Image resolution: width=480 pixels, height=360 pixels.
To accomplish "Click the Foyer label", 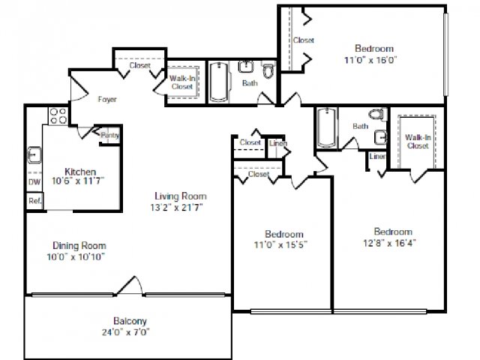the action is click(x=107, y=99).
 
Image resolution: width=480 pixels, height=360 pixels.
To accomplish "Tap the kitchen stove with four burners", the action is click(x=58, y=116).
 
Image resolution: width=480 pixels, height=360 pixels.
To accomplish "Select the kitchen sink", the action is click(x=34, y=155).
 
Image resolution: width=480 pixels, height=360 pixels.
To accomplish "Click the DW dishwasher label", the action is click(x=34, y=181).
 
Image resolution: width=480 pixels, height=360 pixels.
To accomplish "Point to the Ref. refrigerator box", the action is click(x=34, y=201).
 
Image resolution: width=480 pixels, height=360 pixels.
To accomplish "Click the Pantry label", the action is click(x=110, y=135).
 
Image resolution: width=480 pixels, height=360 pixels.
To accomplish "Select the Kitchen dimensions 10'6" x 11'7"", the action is click(x=78, y=181).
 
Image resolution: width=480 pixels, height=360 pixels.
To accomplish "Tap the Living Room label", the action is click(x=181, y=196).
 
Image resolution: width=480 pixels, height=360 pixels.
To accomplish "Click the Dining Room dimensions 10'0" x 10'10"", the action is click(x=76, y=256).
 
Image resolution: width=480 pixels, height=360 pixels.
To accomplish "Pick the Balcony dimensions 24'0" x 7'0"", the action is click(x=126, y=331).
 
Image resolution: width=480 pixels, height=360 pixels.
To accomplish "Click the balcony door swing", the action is click(x=130, y=286).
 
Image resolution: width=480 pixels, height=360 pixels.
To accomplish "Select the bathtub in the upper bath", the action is click(x=218, y=82).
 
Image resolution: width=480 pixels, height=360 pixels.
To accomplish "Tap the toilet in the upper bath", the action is click(x=268, y=70).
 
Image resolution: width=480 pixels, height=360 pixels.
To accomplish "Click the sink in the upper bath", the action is click(x=245, y=67).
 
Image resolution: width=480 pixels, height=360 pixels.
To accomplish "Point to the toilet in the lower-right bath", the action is click(x=377, y=114).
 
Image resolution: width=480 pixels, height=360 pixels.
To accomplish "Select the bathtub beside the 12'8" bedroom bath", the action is click(x=327, y=127).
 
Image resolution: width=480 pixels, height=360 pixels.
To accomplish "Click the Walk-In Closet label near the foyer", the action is click(x=182, y=82).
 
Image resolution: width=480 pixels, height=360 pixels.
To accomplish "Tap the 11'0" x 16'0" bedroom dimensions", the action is click(x=370, y=60).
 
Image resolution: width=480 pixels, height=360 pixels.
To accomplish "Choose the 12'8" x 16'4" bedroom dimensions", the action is click(x=389, y=243).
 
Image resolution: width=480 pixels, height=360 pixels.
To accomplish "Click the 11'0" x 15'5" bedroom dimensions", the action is click(x=280, y=245).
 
